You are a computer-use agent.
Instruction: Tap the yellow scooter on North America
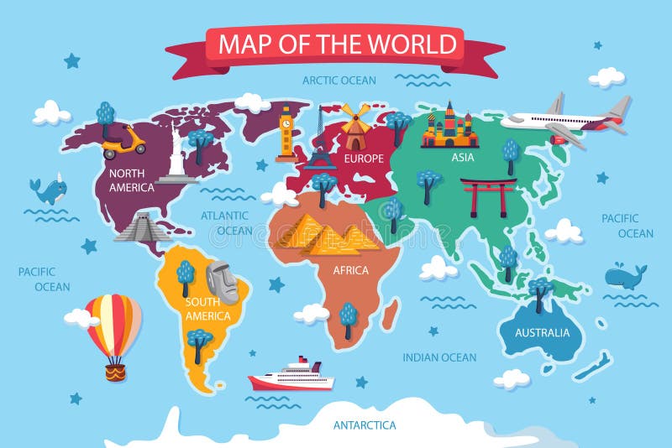pos(123,141)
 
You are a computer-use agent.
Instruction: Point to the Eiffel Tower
pos(320,143)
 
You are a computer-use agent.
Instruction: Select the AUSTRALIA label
pos(542,333)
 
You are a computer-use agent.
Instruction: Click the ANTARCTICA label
pos(365,425)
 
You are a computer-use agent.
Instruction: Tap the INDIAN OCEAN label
pos(439,357)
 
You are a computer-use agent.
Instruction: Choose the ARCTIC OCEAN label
pos(339,81)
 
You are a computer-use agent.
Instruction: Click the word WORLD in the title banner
pos(417,44)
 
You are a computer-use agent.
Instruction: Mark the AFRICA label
pos(350,271)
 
